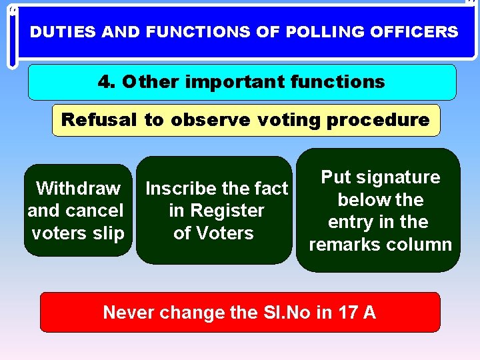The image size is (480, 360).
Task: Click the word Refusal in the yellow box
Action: click(99, 120)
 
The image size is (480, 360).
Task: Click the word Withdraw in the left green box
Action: click(78, 189)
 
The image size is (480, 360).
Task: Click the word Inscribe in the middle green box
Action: click(179, 189)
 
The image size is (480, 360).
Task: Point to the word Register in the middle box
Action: click(226, 211)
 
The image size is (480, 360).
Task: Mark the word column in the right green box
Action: click(421, 245)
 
